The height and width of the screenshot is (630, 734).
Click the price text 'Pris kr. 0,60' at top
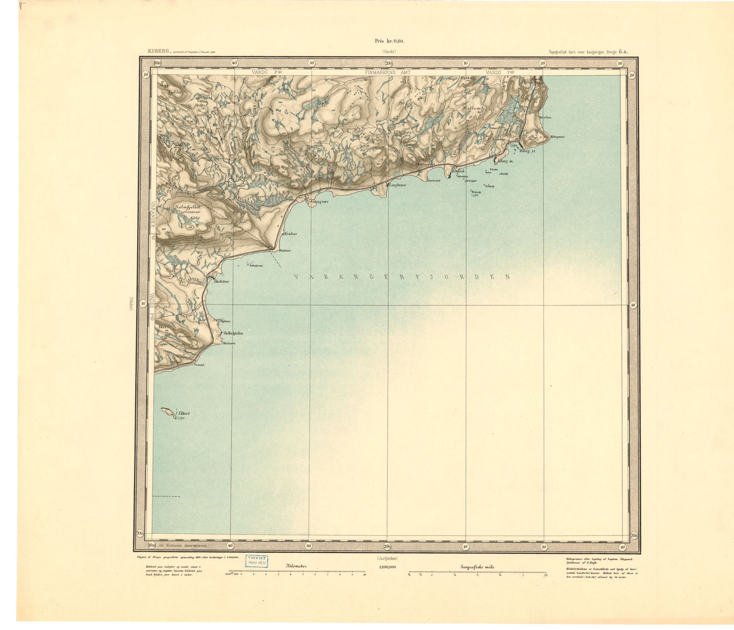point(389,41)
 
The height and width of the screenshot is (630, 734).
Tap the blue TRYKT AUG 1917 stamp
point(258,560)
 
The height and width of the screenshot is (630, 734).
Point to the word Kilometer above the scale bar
point(296,566)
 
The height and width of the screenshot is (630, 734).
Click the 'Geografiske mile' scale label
point(477,567)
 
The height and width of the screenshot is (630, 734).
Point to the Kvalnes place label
point(290,234)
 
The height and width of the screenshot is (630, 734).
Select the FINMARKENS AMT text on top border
point(388,73)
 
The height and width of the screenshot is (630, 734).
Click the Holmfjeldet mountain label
point(187,207)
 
